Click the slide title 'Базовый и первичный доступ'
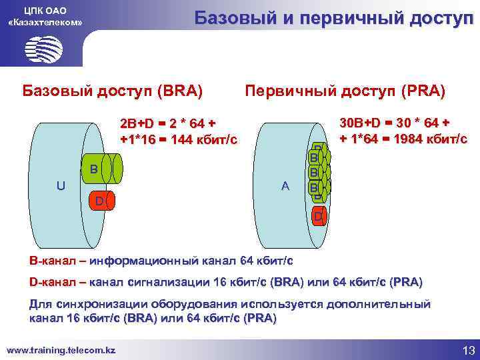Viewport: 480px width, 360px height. (333, 18)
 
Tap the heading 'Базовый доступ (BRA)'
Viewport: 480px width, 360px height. (113, 89)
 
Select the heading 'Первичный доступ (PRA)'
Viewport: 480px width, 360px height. (345, 89)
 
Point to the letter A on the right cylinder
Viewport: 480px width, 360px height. (285, 187)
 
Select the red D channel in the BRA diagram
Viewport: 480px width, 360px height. (99, 199)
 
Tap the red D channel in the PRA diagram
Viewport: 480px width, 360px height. (319, 216)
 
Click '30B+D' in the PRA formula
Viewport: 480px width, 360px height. (359, 123)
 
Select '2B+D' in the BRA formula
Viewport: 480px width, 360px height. (136, 125)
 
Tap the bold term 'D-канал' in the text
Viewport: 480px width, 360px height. (49, 281)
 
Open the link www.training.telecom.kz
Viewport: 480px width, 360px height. (61, 349)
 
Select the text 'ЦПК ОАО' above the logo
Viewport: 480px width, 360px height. (45, 10)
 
